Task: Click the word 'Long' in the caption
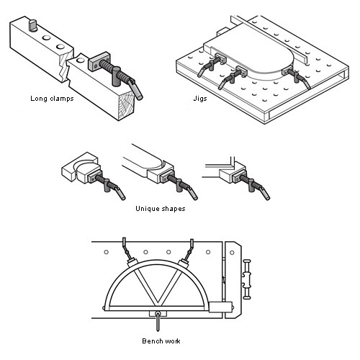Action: [x=39, y=99]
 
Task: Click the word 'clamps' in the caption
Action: [x=62, y=99]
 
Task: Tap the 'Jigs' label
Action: [x=200, y=99]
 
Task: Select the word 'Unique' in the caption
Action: [x=147, y=209]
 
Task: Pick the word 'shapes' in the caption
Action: [x=173, y=209]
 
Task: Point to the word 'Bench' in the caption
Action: [x=151, y=341]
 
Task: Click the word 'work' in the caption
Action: [x=171, y=341]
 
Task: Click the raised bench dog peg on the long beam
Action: [x=32, y=25]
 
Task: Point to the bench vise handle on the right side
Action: [x=247, y=279]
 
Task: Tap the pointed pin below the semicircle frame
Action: [x=158, y=321]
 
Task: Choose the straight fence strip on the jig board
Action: [x=269, y=40]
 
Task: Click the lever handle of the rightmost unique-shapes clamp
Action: [x=266, y=192]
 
